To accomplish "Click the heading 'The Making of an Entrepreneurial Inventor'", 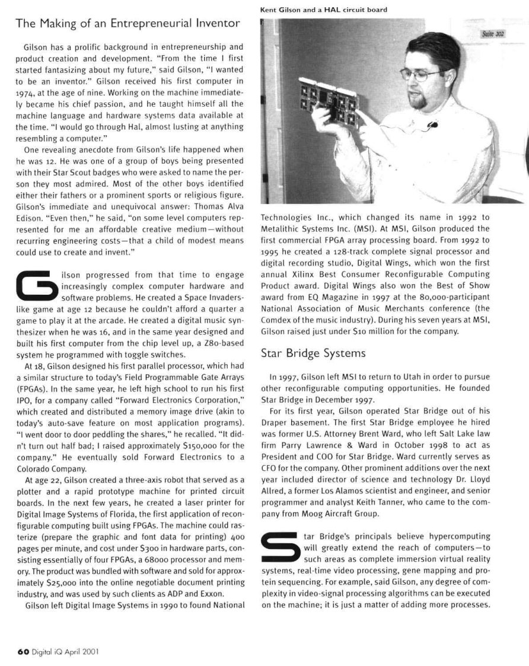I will point(128,24).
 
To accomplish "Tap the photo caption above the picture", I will point(324,9).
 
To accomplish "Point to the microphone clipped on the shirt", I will point(432,125).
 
